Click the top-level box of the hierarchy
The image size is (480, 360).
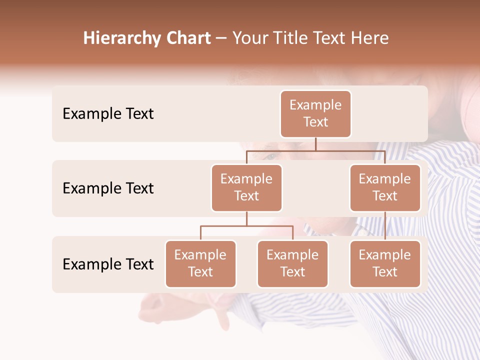(x=315, y=114)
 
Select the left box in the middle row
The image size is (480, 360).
(x=246, y=188)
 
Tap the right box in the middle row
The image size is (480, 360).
(x=385, y=188)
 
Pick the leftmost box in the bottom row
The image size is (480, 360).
(x=200, y=264)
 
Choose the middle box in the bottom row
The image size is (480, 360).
(x=292, y=264)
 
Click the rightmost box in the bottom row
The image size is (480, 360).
(x=385, y=264)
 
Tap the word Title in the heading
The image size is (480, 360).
(x=290, y=38)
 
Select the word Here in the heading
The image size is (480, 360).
(x=370, y=38)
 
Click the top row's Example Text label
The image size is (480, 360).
(x=108, y=114)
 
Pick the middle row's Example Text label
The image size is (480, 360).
(x=108, y=188)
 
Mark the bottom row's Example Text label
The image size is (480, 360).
(x=108, y=264)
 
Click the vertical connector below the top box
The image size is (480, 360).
(x=315, y=144)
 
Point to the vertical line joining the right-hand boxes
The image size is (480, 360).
(x=385, y=226)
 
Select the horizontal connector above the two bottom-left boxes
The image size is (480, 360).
(x=246, y=226)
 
